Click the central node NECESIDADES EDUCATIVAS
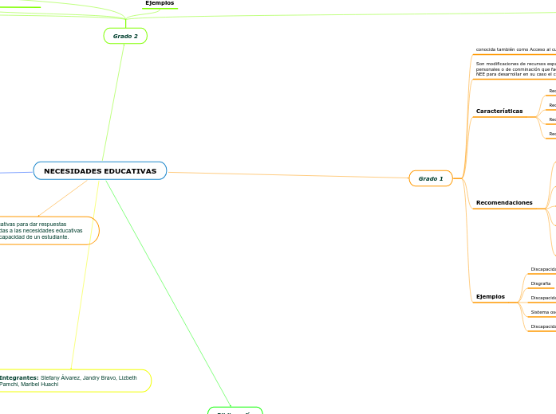click(x=100, y=171)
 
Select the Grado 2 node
click(x=125, y=36)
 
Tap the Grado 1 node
click(x=431, y=178)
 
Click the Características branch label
click(x=499, y=111)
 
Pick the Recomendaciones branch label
click(x=504, y=203)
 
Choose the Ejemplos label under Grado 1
click(x=490, y=297)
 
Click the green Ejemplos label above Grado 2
click(x=160, y=3)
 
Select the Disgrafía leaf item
click(x=541, y=283)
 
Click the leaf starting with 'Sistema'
click(x=542, y=312)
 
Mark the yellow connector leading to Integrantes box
click(x=84, y=279)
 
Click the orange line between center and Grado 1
click(x=287, y=175)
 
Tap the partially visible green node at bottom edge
click(x=235, y=411)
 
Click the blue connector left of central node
click(x=16, y=171)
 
